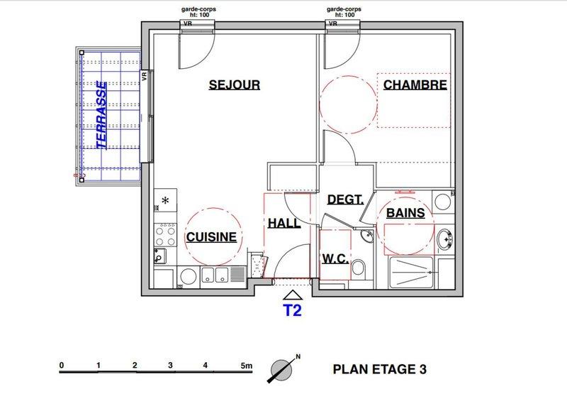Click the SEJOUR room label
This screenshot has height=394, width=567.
coord(235,84)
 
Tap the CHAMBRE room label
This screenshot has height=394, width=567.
coord(415,84)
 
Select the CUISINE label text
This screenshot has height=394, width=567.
coord(211,237)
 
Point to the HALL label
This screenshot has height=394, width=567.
coord(284,223)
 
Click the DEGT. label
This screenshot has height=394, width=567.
coord(345,199)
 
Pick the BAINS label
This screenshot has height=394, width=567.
coord(405,213)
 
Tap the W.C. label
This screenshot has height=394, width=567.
coord(335,259)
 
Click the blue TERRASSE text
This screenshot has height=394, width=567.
coord(101,115)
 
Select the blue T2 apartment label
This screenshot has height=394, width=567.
coord(292,310)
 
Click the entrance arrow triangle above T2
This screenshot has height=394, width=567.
coord(293,295)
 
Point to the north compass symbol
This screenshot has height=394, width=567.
coord(282,369)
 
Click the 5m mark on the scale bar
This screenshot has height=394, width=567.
coord(246,366)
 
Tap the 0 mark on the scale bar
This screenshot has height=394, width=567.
coord(62,365)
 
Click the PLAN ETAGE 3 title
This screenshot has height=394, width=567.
coord(380,369)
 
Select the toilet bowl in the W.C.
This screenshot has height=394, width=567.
coord(359,268)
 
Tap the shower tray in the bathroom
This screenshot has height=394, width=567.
coord(411,273)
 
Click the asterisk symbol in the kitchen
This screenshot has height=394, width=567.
coord(165,200)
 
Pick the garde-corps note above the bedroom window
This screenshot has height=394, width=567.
coord(344,12)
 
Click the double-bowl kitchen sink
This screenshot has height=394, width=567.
coord(215,275)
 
